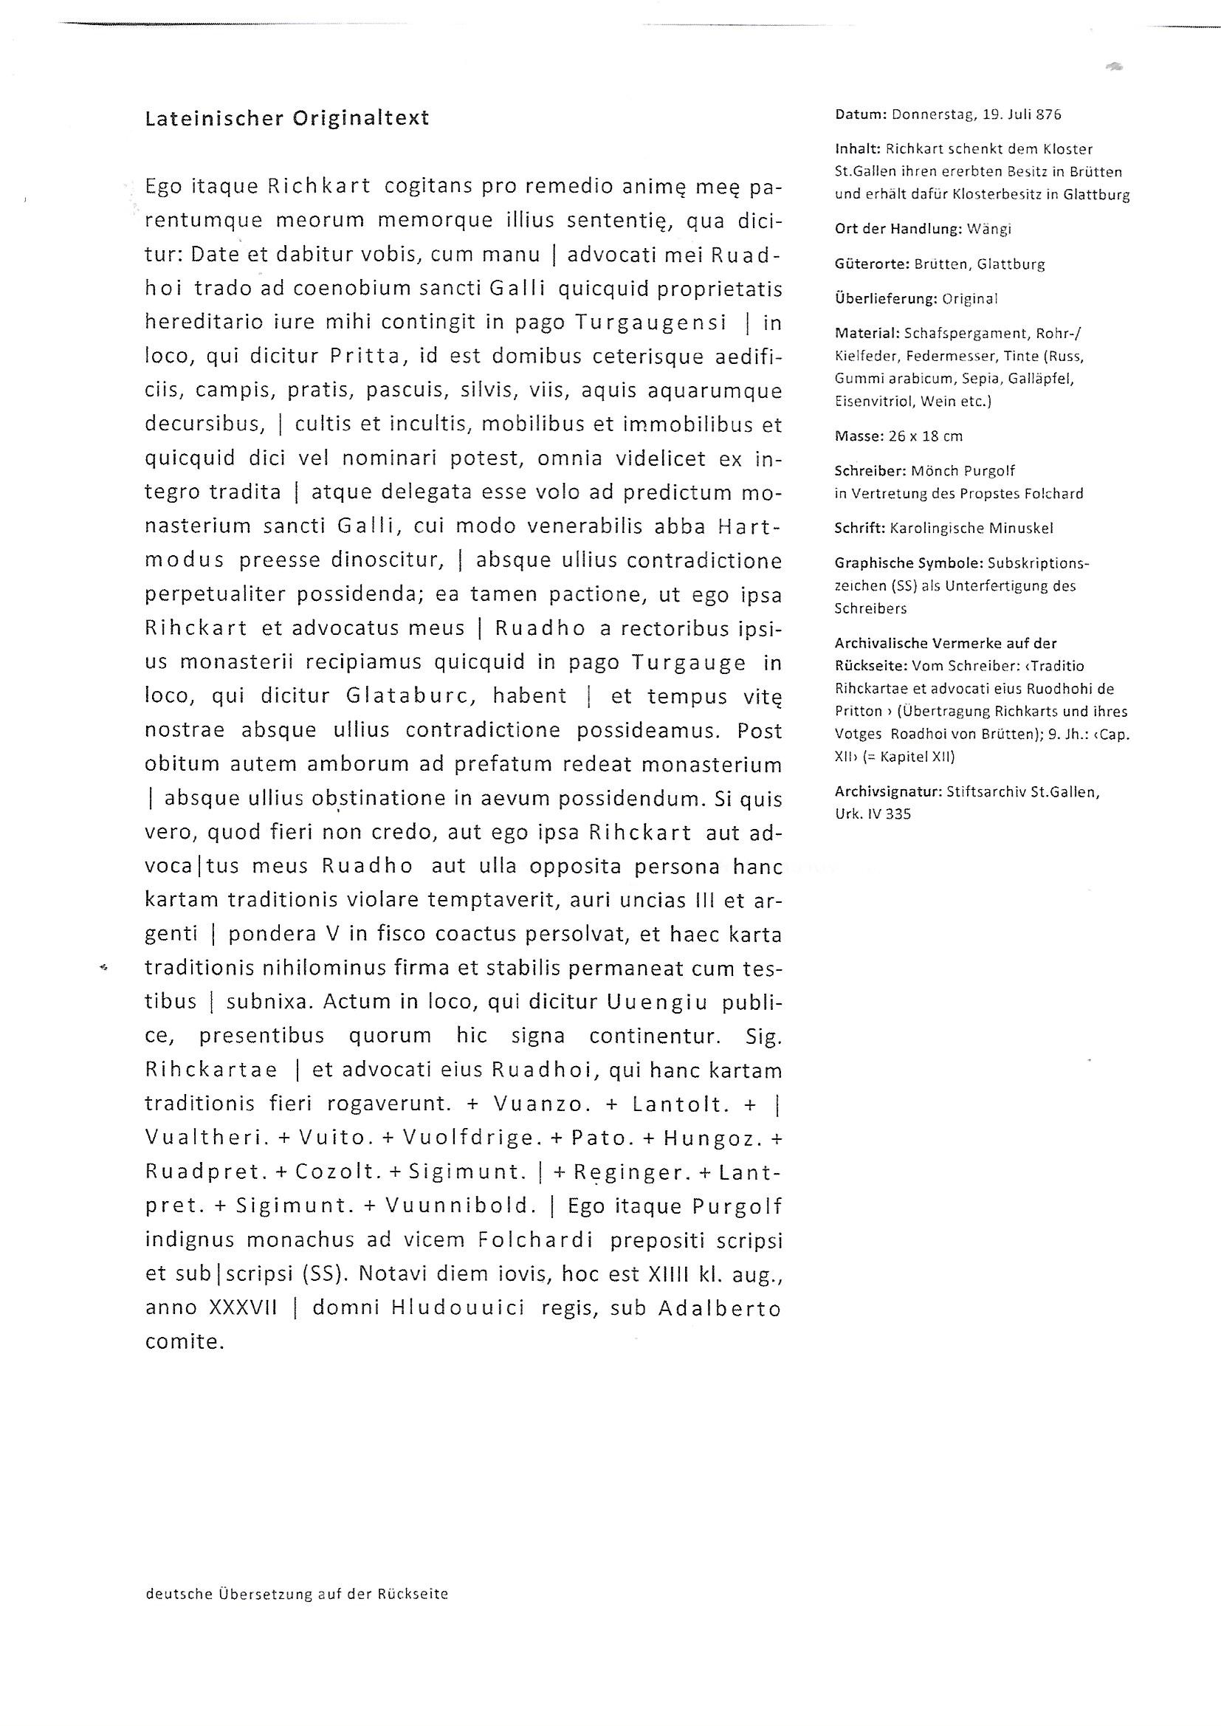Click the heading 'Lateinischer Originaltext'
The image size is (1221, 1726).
tap(286, 118)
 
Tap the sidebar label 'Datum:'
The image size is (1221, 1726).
tap(859, 115)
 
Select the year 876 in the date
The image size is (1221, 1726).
tap(1048, 115)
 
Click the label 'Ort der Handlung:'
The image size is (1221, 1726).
tap(898, 230)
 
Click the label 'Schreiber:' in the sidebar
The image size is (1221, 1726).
tap(870, 470)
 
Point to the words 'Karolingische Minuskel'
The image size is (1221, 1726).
tap(971, 528)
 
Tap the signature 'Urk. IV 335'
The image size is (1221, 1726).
tap(872, 814)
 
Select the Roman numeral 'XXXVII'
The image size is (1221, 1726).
tap(243, 1308)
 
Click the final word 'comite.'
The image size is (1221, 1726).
tap(185, 1342)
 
